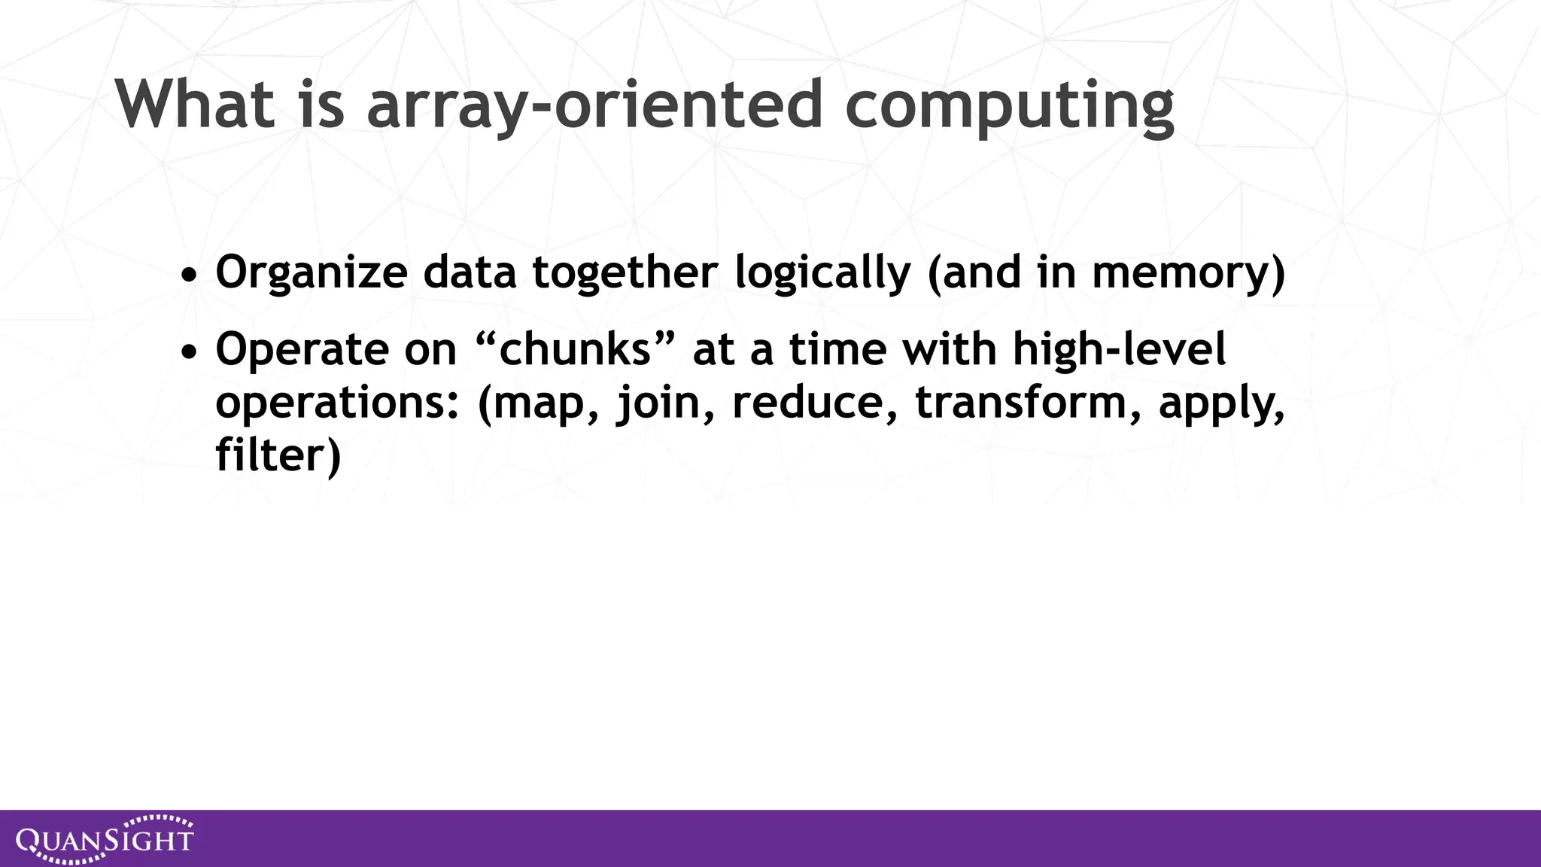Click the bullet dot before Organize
coord(190,275)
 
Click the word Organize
coord(312,272)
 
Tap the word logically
coord(822,272)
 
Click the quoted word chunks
coord(575,350)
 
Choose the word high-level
coord(1119,350)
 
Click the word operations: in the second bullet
coord(337,403)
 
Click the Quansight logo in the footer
coord(105,838)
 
